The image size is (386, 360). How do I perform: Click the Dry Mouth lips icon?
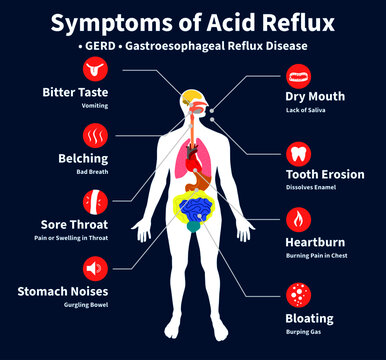297,74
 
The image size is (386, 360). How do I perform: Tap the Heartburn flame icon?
297,220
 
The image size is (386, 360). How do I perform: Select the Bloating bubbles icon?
297,294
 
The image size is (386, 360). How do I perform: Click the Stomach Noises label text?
62,291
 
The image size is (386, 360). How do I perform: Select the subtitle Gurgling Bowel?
85,305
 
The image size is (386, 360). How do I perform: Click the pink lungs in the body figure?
187,139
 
